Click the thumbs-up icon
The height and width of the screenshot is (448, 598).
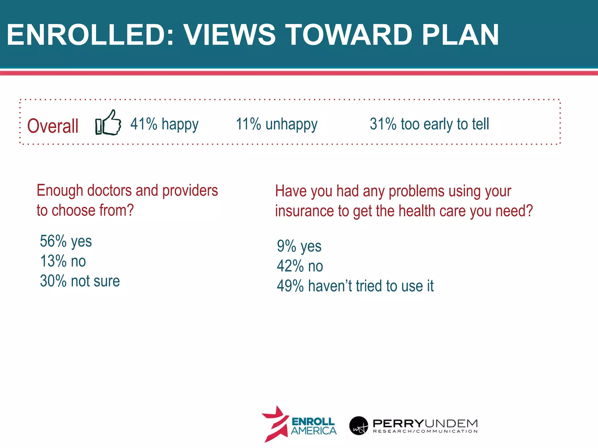click(x=108, y=123)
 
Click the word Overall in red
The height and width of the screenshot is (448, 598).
click(x=53, y=126)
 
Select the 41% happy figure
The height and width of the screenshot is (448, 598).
click(x=164, y=124)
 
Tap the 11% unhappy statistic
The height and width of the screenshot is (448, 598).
click(x=277, y=124)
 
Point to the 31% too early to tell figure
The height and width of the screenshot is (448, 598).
click(x=429, y=124)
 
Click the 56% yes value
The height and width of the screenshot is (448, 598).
click(x=66, y=241)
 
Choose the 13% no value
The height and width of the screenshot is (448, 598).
click(x=63, y=261)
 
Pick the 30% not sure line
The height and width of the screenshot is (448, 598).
click(x=80, y=281)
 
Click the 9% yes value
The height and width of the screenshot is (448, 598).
click(x=299, y=246)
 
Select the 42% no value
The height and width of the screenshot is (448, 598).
click(x=300, y=266)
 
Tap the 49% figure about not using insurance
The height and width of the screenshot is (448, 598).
click(x=355, y=286)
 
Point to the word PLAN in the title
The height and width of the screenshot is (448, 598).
click(x=460, y=35)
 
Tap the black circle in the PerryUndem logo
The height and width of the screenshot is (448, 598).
click(x=359, y=426)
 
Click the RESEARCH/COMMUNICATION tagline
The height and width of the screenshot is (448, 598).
click(x=425, y=431)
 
